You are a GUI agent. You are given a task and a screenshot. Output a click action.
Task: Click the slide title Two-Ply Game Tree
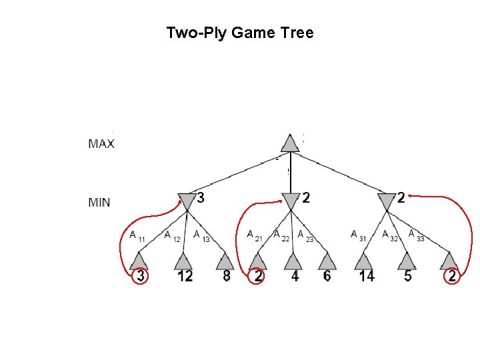pyautogui.click(x=239, y=33)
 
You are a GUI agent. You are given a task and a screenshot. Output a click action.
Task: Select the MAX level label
pyautogui.click(x=101, y=143)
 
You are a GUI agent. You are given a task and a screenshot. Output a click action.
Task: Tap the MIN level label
pyautogui.click(x=99, y=203)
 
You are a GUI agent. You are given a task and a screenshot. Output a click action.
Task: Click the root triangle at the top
pyautogui.click(x=289, y=143)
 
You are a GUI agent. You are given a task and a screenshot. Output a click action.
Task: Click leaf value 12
pyautogui.click(x=185, y=275)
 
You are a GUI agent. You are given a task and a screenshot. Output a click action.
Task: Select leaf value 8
pyautogui.click(x=227, y=275)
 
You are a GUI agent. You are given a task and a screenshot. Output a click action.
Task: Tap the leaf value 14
pyautogui.click(x=366, y=275)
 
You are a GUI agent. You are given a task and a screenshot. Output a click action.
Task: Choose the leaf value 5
pyautogui.click(x=407, y=275)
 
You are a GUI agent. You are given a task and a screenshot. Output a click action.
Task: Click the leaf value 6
pyautogui.click(x=327, y=275)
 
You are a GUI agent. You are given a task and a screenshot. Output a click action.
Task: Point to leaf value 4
pyautogui.click(x=295, y=275)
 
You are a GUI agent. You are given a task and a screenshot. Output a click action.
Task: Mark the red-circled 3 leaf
pyautogui.click(x=140, y=275)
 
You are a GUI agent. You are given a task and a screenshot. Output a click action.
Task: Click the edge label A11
pyautogui.click(x=137, y=236)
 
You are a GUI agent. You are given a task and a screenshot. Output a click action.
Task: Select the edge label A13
pyautogui.click(x=201, y=235)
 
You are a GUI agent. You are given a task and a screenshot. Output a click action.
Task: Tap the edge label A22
pyautogui.click(x=281, y=235)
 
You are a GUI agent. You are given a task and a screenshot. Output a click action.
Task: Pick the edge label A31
pyautogui.click(x=358, y=235)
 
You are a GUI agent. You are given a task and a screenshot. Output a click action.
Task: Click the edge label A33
pyautogui.click(x=416, y=235)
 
